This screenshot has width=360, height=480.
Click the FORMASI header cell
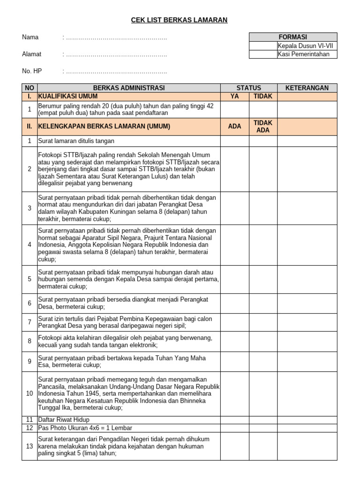(x=292, y=37)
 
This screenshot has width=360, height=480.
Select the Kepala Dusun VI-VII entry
(x=307, y=46)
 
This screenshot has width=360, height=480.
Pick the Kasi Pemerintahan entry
(x=307, y=54)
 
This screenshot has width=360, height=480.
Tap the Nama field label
(x=30, y=37)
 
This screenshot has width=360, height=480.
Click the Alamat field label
(x=32, y=54)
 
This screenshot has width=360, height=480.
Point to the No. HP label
(x=32, y=71)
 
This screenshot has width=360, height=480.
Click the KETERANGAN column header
(x=307, y=88)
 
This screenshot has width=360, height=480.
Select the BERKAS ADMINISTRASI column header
(x=129, y=88)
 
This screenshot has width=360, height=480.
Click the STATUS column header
(x=248, y=88)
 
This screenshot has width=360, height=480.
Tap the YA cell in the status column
(x=235, y=96)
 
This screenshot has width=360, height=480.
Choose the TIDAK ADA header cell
(x=263, y=127)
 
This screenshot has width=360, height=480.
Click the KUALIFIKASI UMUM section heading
(x=68, y=96)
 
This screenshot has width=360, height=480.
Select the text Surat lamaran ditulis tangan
(x=76, y=141)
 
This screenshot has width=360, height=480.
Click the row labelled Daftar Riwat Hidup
(x=64, y=420)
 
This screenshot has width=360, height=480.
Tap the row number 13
(x=30, y=446)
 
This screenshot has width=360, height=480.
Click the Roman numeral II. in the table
(x=30, y=127)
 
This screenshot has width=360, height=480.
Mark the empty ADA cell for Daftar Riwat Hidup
(x=235, y=420)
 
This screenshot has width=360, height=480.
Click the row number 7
(x=30, y=322)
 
